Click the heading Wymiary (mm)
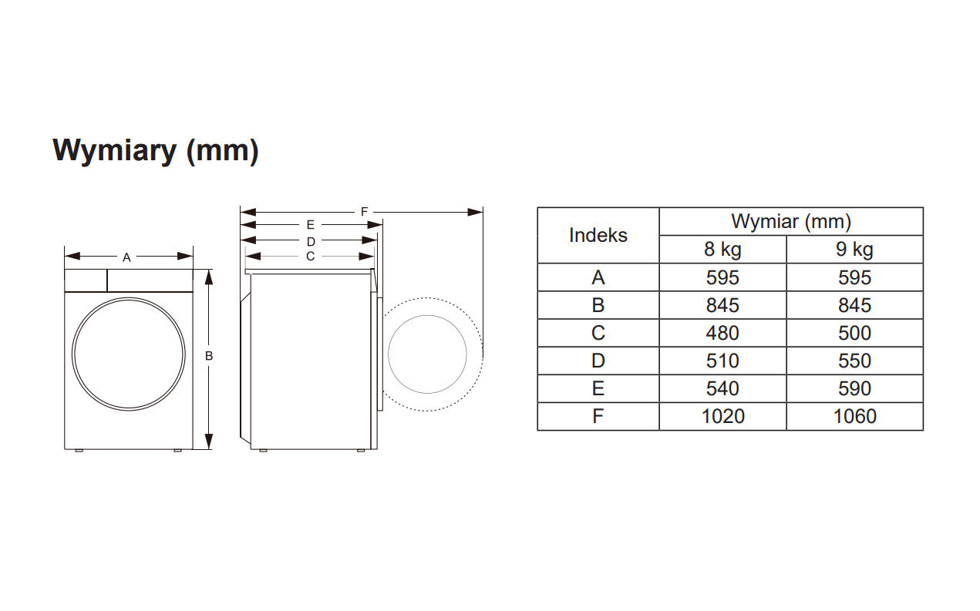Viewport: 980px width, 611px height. (x=155, y=151)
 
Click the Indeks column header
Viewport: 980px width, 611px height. (x=598, y=235)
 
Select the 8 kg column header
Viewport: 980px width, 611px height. (x=722, y=250)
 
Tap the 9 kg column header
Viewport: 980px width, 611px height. (x=854, y=250)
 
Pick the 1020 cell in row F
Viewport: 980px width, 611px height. (x=722, y=416)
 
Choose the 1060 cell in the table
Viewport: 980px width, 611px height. (x=854, y=416)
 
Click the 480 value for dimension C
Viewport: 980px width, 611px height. (x=722, y=333)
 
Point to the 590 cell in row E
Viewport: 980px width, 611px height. (x=854, y=388)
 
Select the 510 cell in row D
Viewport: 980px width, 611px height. (x=722, y=361)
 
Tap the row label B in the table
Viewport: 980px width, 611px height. (x=598, y=305)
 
